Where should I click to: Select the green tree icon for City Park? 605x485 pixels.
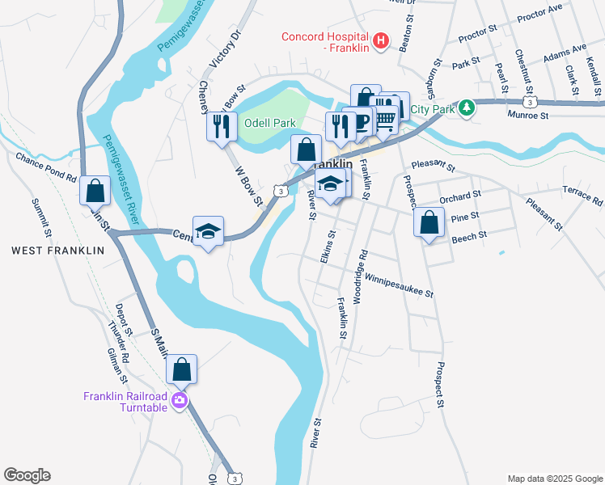[x=467, y=108]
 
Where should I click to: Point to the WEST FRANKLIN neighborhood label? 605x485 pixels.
[x=58, y=251]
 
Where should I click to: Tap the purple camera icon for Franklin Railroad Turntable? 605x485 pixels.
[x=179, y=400]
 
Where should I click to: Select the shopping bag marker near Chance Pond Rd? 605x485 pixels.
[x=95, y=192]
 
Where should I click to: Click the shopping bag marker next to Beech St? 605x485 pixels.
[x=429, y=221]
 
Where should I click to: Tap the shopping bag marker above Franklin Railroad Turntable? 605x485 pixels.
[x=182, y=369]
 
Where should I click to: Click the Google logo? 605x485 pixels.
[x=27, y=475]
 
